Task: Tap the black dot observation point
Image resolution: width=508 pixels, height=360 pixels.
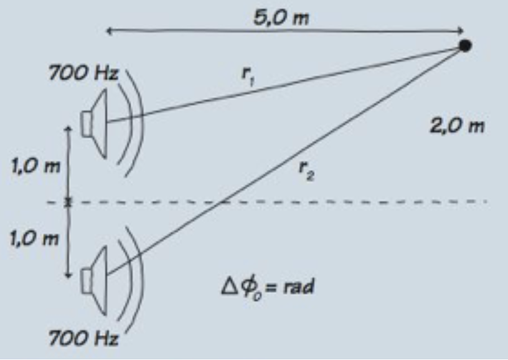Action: point(464,45)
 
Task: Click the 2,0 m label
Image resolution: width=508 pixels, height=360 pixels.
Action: point(456,126)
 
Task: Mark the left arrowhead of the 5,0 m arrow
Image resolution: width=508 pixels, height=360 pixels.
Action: point(110,31)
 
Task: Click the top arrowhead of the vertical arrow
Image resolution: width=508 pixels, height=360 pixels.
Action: point(68,128)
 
